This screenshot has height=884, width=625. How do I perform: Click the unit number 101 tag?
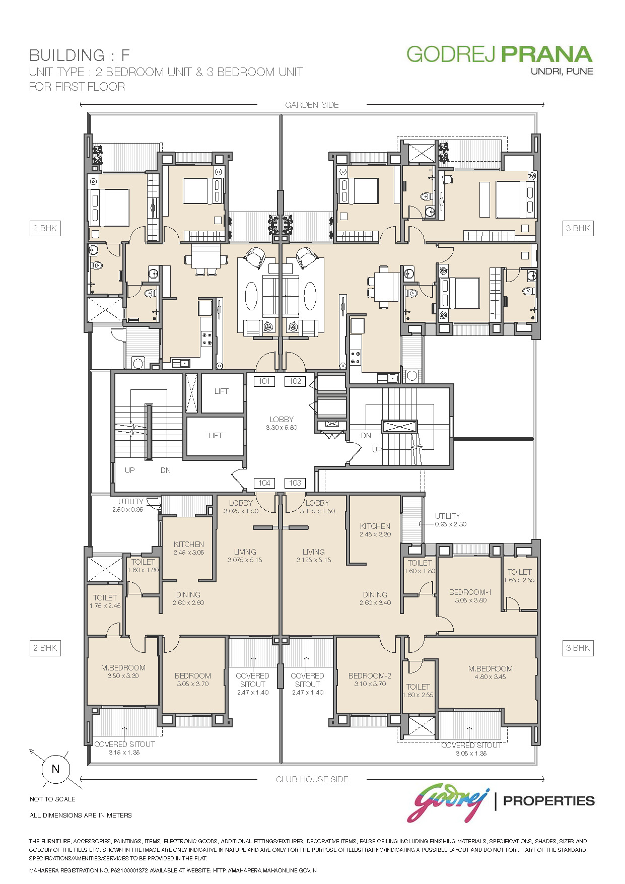pos(264,381)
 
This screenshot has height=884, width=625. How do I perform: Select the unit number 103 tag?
pos(295,483)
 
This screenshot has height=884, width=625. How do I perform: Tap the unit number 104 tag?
pos(264,483)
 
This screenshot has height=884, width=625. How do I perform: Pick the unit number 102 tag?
pos(295,381)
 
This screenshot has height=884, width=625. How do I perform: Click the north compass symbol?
pos(55,769)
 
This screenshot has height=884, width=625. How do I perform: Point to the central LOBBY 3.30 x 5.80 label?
pos(282,423)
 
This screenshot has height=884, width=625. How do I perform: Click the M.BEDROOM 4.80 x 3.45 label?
pos(491,672)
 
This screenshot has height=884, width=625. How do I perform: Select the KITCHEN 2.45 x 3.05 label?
pos(189,548)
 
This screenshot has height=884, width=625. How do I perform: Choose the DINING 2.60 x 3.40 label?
pos(375,598)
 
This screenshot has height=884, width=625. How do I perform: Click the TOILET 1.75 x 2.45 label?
pos(105,601)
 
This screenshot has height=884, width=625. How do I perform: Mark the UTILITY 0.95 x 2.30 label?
pos(450,520)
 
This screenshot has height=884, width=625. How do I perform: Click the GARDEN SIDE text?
pos(312,105)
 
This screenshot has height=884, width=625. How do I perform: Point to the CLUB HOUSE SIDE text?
pos(312,779)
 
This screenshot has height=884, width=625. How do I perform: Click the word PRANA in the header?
pos(547,54)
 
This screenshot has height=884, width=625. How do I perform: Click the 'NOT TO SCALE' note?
pos(52,799)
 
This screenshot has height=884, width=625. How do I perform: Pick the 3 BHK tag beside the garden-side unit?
pos(578,228)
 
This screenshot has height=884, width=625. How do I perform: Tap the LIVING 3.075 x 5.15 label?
pos(245,556)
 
